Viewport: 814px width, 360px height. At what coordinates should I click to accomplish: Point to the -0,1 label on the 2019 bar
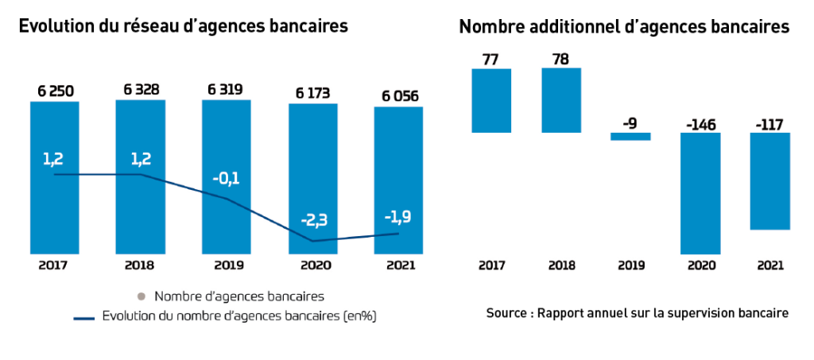coord(227,178)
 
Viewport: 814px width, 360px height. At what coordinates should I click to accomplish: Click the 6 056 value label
coord(398,96)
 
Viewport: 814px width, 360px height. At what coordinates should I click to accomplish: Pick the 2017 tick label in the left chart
coord(54,265)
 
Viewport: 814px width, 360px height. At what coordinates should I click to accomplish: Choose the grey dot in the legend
coord(141,296)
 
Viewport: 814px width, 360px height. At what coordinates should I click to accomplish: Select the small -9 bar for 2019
coord(630,137)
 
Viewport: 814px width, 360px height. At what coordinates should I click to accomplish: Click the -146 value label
coord(700,124)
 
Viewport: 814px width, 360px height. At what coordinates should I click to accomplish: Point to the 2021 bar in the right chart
coord(770,181)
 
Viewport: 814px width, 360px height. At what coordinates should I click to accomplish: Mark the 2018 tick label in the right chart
coord(561,265)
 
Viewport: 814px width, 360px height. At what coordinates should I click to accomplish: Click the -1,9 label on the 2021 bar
coord(398,217)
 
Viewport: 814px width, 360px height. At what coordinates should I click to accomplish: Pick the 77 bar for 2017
coord(491,101)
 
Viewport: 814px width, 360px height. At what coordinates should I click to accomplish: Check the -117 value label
coord(769,124)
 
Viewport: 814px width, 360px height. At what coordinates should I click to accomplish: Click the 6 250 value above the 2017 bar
coord(55,91)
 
